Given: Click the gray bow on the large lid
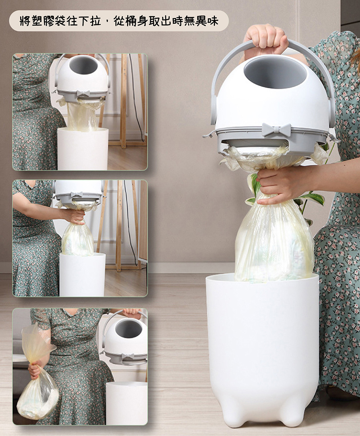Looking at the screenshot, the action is pos(276,129).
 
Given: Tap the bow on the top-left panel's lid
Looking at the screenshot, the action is pos(83,93).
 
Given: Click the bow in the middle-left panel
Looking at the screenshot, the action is pos(77,195).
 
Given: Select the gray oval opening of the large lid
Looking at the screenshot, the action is pos(275,73).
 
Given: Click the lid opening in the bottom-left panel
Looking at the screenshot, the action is pos(129,329).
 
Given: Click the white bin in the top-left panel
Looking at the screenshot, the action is pos(83,149).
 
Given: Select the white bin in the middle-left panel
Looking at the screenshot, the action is pos(83,275).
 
